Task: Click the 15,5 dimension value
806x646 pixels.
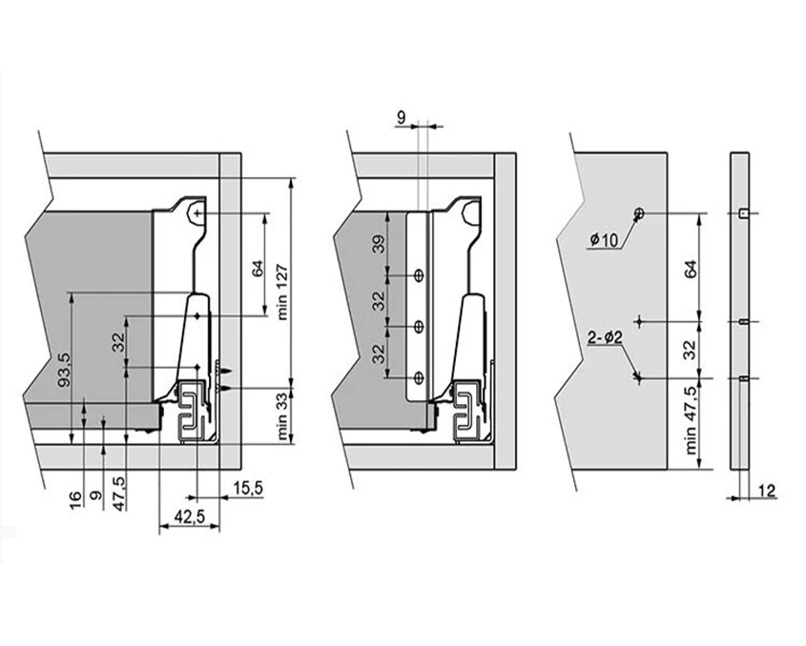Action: click(x=246, y=489)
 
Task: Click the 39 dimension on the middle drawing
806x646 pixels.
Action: click(x=379, y=245)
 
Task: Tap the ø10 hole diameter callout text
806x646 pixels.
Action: click(x=605, y=240)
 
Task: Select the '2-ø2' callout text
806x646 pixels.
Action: click(x=606, y=335)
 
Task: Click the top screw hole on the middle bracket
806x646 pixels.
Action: click(x=419, y=275)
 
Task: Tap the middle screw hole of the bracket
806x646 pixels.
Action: click(x=419, y=328)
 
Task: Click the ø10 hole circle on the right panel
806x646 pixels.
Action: click(x=639, y=212)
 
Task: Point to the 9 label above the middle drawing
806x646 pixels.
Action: click(x=401, y=118)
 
